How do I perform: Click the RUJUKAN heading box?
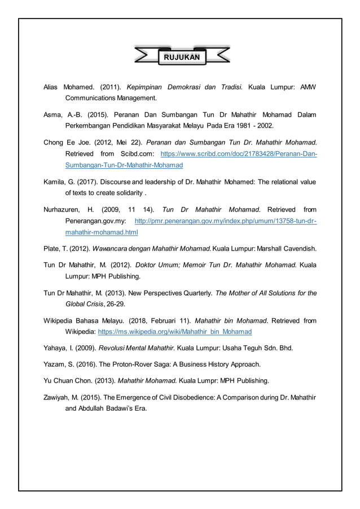(x=182, y=57)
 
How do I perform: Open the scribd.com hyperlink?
(x=239, y=153)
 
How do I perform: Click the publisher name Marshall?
(x=265, y=248)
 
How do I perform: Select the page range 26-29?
(x=116, y=304)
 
